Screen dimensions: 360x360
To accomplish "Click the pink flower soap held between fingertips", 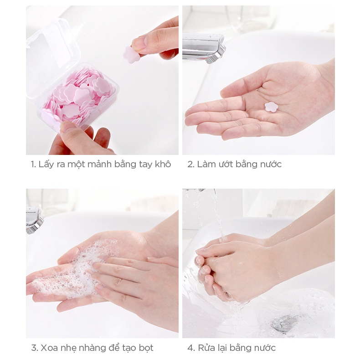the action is (131, 55).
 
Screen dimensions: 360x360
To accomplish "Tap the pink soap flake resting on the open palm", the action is (271, 107).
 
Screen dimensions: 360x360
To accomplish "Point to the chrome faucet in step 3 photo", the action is (34, 220).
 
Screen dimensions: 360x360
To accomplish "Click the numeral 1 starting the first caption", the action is (33, 165).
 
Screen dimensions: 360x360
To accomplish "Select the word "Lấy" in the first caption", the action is (46, 165).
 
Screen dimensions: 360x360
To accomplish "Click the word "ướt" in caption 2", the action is (225, 164).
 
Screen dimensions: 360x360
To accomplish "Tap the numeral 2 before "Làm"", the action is (190, 165).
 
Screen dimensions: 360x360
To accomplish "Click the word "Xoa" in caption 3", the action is (49, 348).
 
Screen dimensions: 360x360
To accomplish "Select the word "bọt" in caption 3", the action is (146, 348).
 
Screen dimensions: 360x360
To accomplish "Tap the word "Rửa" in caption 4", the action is (206, 348).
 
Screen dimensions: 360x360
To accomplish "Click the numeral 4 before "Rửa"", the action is (191, 348).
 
